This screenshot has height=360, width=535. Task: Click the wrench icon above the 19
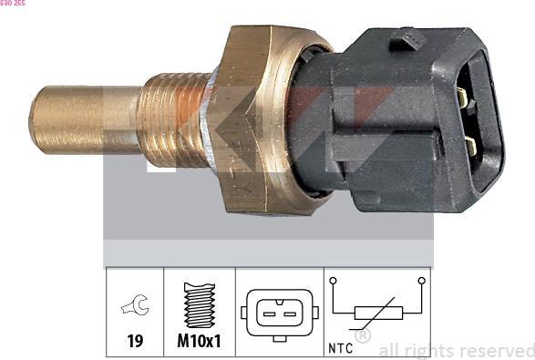pos(132,308)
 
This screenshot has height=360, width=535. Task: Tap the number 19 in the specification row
pos(133,342)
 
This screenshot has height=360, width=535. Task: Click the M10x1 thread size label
pos(199,342)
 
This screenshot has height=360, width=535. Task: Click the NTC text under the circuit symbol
pos(339,347)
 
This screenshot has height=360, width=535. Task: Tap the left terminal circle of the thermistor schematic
pos(334,281)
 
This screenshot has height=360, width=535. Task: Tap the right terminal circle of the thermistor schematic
pos(421,281)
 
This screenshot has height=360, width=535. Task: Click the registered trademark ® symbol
pos(362,335)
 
